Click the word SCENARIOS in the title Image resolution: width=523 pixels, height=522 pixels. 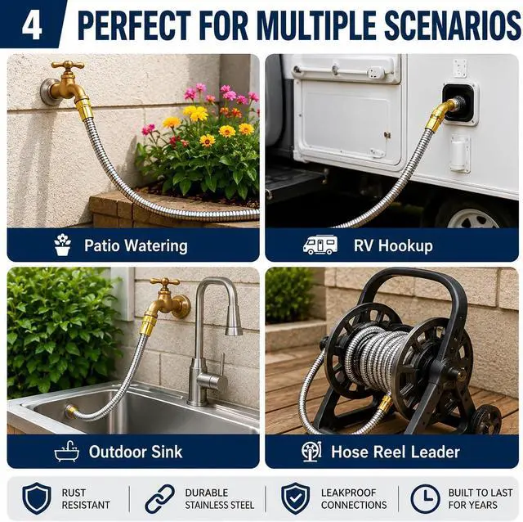[452, 26]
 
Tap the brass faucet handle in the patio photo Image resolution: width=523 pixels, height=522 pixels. [68, 65]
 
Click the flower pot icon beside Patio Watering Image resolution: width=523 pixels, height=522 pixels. [62, 245]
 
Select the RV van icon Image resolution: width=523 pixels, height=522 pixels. [320, 245]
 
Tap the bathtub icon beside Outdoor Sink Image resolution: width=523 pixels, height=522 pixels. [67, 451]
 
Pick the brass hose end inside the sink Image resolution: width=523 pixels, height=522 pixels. [71, 411]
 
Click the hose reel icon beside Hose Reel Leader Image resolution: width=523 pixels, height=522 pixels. [311, 451]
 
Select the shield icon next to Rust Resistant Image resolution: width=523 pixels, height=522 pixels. [37, 498]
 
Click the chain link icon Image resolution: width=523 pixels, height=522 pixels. [160, 498]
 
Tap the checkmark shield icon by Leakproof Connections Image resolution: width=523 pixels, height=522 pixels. [295, 498]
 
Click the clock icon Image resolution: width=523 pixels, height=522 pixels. [425, 498]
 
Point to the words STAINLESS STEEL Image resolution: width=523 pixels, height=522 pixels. [220, 505]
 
